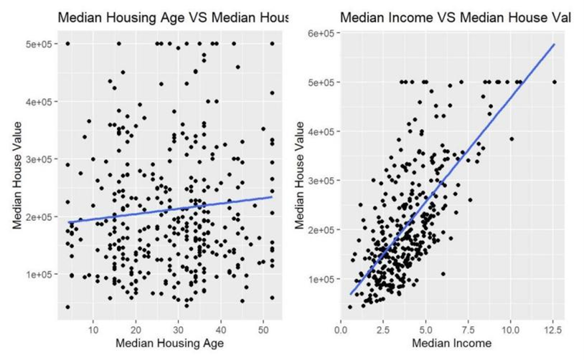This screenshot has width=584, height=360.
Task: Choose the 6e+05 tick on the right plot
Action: tap(325, 33)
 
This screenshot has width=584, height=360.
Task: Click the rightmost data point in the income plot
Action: tap(555, 82)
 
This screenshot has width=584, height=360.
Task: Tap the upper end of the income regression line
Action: tap(554, 45)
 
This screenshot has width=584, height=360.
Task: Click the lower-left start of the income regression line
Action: tap(351, 293)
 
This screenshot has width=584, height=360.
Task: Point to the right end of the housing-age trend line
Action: tap(272, 196)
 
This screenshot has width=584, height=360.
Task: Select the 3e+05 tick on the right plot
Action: tap(325, 180)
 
